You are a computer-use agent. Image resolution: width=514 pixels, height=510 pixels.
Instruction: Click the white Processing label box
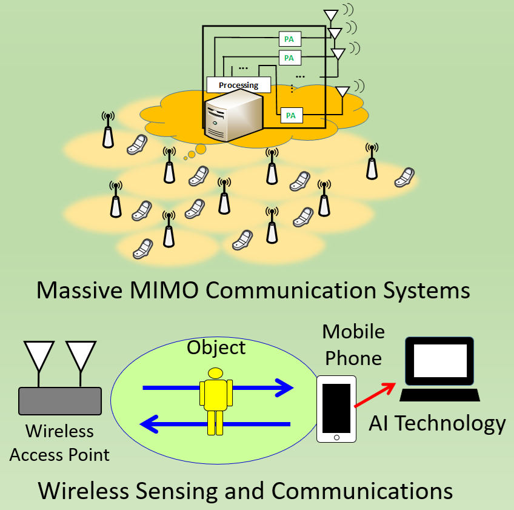pyautogui.click(x=238, y=85)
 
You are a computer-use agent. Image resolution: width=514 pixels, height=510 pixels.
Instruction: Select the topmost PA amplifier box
pyautogui.click(x=289, y=39)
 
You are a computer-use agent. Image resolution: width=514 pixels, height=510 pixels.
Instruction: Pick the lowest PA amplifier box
pyautogui.click(x=290, y=115)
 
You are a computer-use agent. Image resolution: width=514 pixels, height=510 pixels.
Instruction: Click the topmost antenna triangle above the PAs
pyautogui.click(x=331, y=15)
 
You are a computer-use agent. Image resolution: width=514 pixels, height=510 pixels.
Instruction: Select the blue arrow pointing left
pyautogui.click(x=215, y=424)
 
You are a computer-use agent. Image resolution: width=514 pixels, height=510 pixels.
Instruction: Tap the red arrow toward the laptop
pyautogui.click(x=375, y=394)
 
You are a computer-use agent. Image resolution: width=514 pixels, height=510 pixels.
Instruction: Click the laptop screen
pyautogui.click(x=440, y=362)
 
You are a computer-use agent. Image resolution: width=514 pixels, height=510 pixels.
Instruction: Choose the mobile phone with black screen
pyautogui.click(x=336, y=406)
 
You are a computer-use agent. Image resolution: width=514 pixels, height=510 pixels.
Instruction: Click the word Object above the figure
pyautogui.click(x=216, y=347)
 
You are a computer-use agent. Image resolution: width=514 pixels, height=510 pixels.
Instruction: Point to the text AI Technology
pyautogui.click(x=437, y=423)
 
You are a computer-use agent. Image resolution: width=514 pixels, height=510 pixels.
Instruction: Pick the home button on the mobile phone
pyautogui.click(x=336, y=436)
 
